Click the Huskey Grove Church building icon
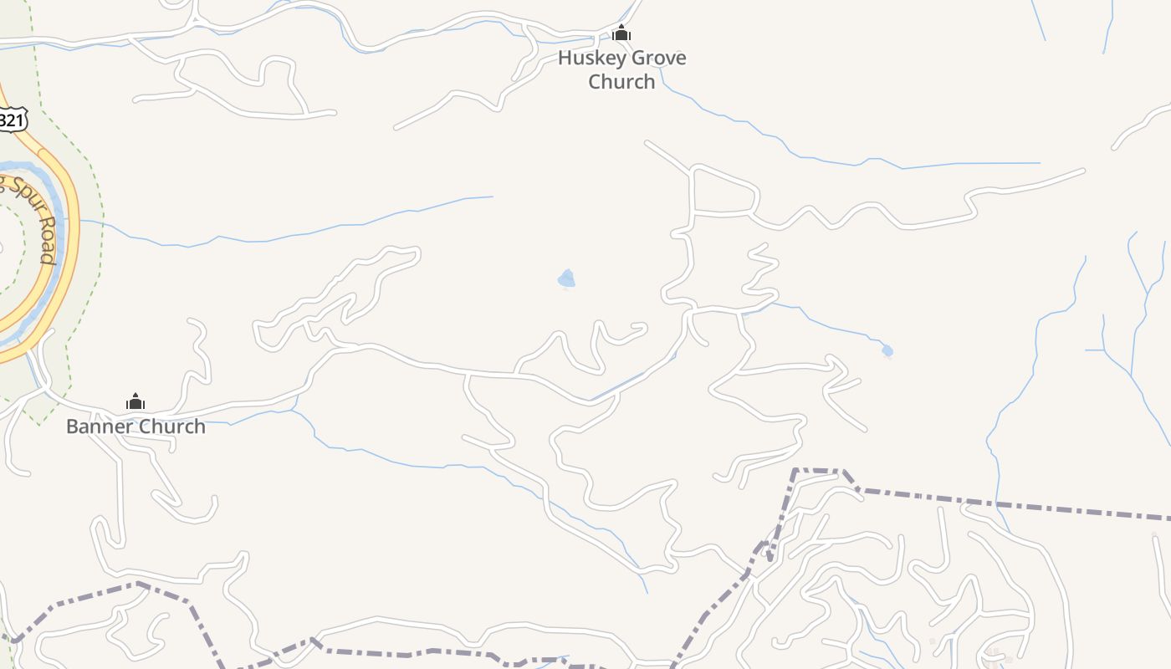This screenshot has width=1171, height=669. [621, 34]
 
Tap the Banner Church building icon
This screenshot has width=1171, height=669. [136, 402]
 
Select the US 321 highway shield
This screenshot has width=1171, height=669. [12, 120]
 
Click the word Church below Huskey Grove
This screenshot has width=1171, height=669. [621, 82]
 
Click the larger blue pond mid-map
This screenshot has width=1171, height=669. [567, 278]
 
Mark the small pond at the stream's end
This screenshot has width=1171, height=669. [887, 350]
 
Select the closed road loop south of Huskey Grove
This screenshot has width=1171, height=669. [724, 193]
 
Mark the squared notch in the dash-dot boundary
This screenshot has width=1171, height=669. [820, 472]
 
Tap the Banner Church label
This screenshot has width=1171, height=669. [136, 426]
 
